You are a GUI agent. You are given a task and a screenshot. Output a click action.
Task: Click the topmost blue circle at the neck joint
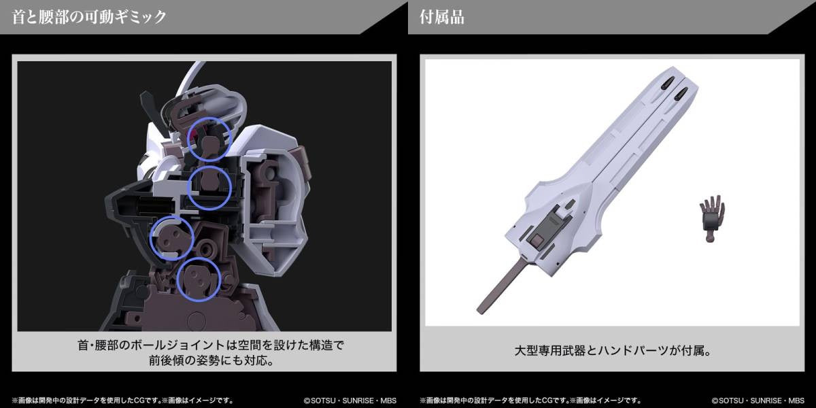click(188, 140)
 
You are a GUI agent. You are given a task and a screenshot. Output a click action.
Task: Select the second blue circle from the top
click(188, 188)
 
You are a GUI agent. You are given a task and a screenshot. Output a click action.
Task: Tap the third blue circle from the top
click(151, 239)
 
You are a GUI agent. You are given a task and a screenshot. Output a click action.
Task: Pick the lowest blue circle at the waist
click(177, 279)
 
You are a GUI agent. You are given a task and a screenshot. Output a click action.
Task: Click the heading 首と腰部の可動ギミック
click(89, 17)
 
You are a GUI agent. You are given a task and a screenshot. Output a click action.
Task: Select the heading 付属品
click(442, 17)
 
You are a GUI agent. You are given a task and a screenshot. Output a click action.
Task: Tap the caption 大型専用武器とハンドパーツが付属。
click(613, 351)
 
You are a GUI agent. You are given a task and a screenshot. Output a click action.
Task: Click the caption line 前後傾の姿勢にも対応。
click(211, 360)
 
